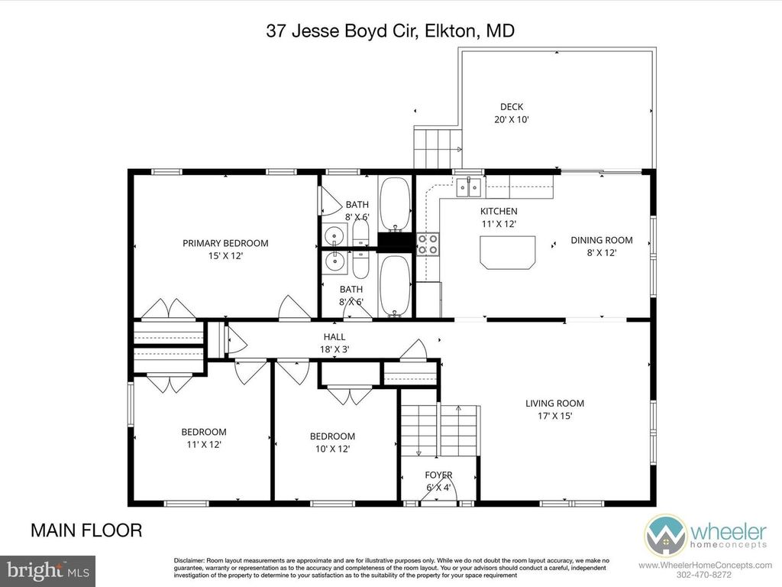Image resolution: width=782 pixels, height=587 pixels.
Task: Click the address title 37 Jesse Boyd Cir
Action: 389,31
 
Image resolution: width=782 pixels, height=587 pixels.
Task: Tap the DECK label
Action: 512,107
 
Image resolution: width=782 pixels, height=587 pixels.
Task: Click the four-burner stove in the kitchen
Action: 428,243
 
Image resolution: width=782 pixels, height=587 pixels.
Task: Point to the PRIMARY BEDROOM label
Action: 225,243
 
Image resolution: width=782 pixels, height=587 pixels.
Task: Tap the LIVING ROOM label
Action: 554,404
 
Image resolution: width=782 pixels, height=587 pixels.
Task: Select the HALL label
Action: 334,336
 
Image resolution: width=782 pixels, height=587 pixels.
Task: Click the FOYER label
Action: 438,475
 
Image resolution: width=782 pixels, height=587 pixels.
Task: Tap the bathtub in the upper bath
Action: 396,203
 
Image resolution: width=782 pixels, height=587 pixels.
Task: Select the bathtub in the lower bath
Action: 396,284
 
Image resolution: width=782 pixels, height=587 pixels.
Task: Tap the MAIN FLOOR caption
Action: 86,530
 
